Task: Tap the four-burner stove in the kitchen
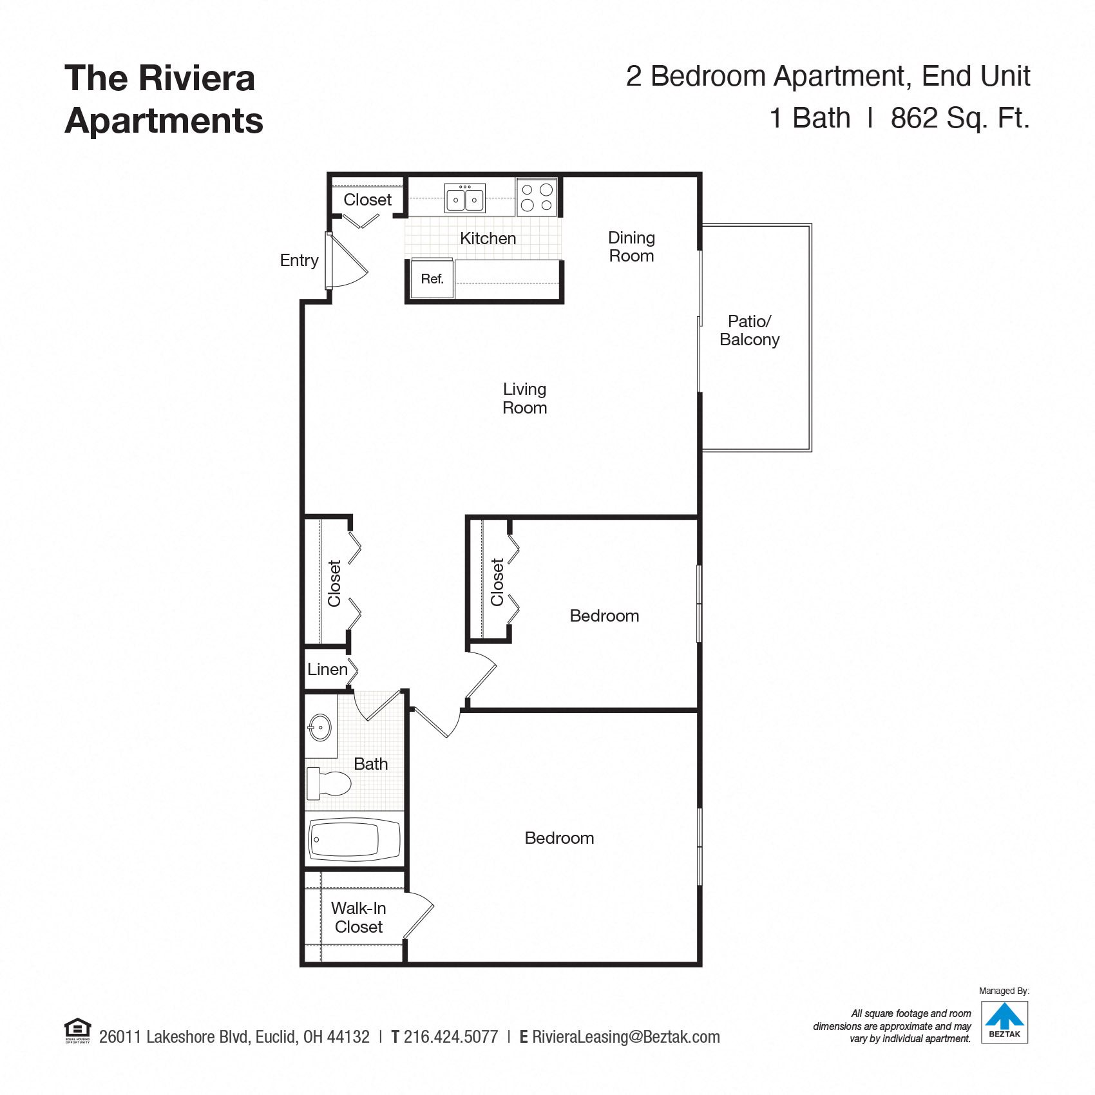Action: (537, 197)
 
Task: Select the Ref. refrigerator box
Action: (432, 279)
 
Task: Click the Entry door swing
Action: (348, 261)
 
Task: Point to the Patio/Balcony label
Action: (749, 330)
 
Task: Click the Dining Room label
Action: (631, 247)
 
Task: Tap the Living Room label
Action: (524, 398)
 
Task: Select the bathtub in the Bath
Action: (354, 839)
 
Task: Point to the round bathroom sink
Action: (319, 728)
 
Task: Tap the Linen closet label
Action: (327, 669)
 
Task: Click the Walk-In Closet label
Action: (358, 917)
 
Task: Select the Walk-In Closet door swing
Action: (419, 915)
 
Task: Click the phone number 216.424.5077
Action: (450, 1037)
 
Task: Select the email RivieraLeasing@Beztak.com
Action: (625, 1037)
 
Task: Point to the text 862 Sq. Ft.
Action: (960, 118)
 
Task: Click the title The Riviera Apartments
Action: (164, 99)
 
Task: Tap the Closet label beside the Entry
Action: (367, 200)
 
